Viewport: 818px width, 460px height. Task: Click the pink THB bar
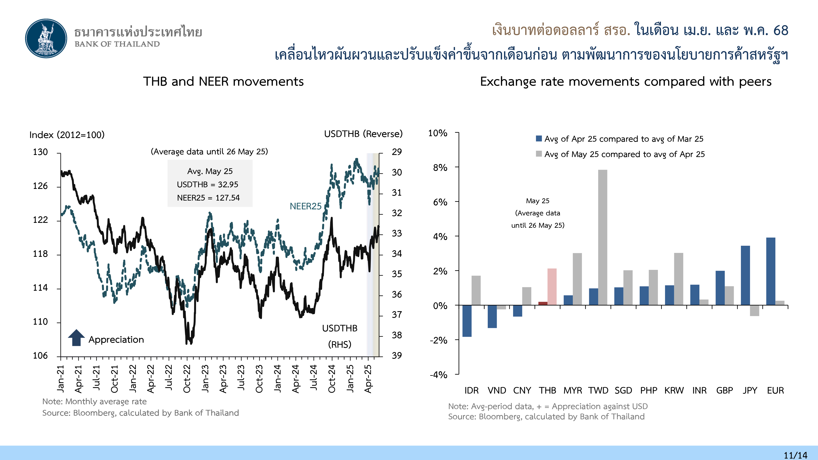[552, 287]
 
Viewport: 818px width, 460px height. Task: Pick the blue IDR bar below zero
[467, 321]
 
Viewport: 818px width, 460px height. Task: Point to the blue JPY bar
[745, 275]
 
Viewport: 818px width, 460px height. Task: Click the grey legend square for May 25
[539, 154]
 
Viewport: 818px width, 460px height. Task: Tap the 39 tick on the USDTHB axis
[397, 355]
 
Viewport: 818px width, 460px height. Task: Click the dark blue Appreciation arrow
[76, 338]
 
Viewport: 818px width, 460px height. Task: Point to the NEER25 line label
[306, 206]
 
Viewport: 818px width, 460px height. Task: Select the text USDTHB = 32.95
[207, 184]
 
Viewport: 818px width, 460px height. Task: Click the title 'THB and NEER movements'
[223, 82]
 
